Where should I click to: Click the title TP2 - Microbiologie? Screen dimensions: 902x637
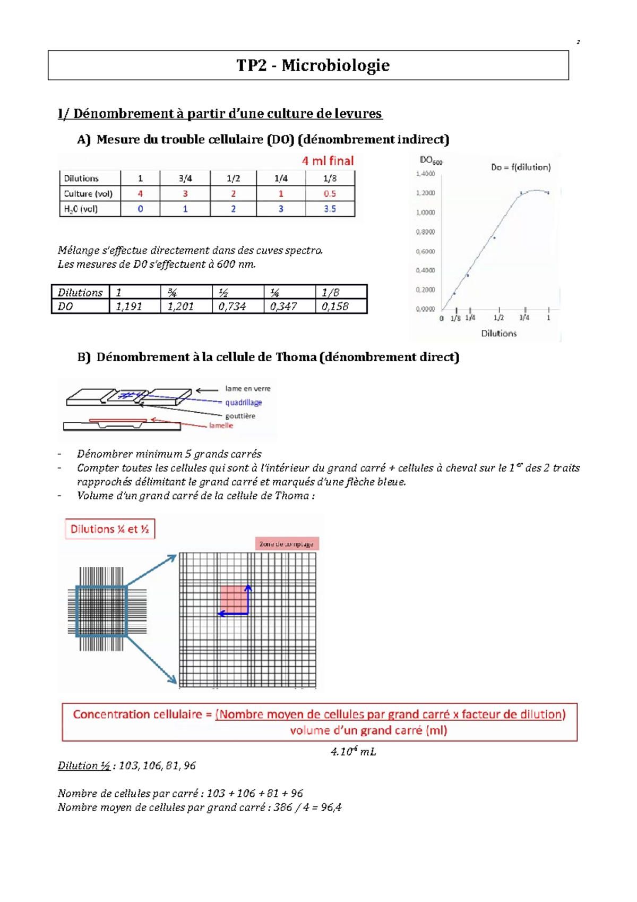[x=313, y=65]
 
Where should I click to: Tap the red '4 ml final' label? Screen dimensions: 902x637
[x=328, y=161]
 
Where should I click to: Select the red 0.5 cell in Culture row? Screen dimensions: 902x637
[x=330, y=194]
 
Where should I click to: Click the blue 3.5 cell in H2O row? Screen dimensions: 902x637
[x=330, y=209]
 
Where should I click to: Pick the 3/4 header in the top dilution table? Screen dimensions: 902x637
[x=185, y=178]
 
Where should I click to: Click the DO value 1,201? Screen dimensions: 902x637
[x=180, y=307]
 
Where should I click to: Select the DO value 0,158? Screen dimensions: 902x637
[x=335, y=307]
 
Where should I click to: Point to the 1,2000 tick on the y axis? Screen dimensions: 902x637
[x=425, y=193]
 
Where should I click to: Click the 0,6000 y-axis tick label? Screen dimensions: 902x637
[x=425, y=251]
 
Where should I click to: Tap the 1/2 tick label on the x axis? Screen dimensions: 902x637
[x=498, y=318]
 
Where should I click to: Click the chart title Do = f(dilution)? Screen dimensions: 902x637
[x=520, y=167]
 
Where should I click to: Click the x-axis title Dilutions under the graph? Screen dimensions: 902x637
[x=498, y=334]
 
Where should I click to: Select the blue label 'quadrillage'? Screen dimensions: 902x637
[x=243, y=403]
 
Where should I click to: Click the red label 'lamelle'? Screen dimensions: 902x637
[x=221, y=426]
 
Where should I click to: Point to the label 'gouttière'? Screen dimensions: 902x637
[x=240, y=416]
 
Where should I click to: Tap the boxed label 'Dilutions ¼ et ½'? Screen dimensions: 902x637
[x=110, y=529]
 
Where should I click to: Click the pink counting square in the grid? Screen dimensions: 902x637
[x=234, y=599]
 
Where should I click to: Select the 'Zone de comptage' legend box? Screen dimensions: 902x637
[x=287, y=544]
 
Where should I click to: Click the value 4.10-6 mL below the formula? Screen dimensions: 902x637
[x=353, y=752]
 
